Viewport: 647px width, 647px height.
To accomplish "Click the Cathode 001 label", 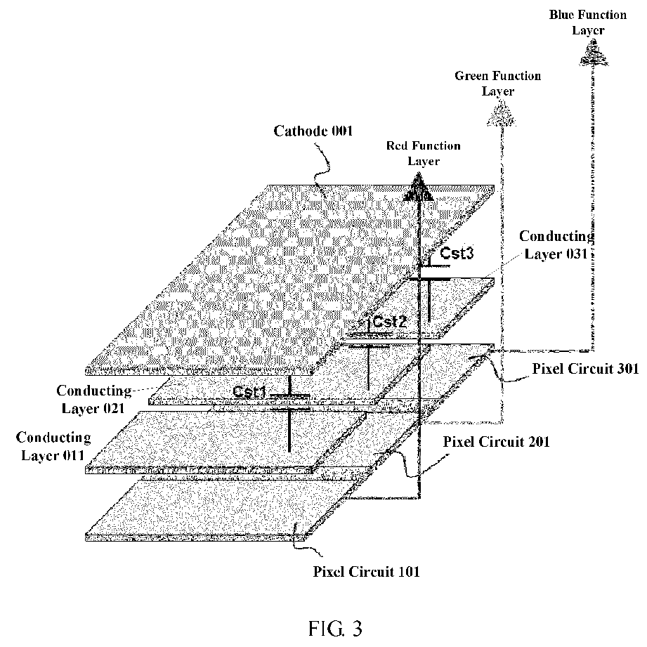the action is tap(313, 131).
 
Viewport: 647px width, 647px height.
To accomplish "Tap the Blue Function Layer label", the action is tap(587, 22).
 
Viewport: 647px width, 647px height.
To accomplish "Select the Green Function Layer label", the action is tap(497, 84).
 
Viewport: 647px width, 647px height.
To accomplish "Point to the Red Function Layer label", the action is tap(424, 153).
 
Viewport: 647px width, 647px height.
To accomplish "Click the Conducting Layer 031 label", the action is tap(556, 244).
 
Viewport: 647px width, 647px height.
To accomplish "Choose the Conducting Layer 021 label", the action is tap(93, 399).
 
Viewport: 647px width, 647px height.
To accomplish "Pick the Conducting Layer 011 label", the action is tap(53, 446).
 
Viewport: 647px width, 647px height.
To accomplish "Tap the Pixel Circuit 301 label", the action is tap(585, 369).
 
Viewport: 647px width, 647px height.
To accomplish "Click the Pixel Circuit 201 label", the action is tap(497, 442).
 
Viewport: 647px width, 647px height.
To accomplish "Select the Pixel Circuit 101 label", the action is tap(366, 572).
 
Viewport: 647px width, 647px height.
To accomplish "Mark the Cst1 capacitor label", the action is tap(249, 391).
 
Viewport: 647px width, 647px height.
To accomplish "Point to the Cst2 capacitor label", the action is tap(389, 322).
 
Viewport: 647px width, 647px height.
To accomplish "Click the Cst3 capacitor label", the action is tap(457, 253).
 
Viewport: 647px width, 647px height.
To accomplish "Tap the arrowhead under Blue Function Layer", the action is tap(594, 53).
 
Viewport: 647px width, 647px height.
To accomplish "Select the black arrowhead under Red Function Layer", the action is tap(419, 188).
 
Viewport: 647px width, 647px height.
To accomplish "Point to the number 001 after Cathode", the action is tap(339, 131).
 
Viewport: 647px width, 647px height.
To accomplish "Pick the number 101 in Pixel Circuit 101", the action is tap(407, 572).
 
